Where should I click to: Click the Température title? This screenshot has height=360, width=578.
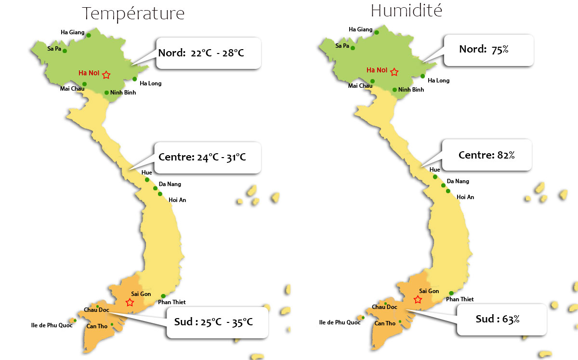[133, 13]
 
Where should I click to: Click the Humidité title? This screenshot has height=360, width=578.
[406, 11]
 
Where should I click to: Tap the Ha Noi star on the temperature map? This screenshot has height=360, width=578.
[106, 75]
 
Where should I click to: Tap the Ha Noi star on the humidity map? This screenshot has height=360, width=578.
[394, 72]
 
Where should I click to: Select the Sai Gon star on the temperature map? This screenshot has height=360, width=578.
[130, 303]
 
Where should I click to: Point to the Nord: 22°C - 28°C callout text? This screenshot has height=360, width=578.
[201, 53]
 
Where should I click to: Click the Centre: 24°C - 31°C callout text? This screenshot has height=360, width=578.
[202, 157]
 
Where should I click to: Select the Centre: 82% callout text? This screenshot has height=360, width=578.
[487, 155]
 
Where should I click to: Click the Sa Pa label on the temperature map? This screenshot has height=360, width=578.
[54, 49]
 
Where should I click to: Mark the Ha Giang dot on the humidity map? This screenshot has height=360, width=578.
[377, 33]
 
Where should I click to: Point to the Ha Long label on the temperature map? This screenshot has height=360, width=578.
[150, 83]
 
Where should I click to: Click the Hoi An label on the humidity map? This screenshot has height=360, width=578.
[465, 197]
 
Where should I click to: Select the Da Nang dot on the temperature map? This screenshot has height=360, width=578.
[155, 188]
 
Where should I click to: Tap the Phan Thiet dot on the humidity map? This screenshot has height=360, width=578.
[451, 293]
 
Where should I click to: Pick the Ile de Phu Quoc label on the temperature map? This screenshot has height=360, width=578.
[52, 325]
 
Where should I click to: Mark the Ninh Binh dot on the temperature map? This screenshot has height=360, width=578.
[106, 93]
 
